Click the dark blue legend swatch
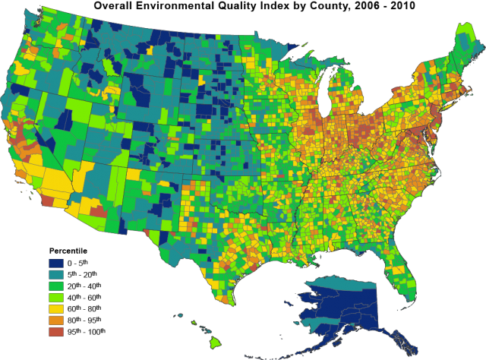click(56, 264)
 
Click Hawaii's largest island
click(216, 343)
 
